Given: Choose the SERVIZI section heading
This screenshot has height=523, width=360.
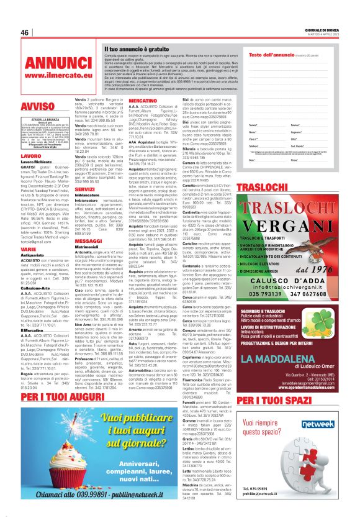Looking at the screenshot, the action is point(85,189).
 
